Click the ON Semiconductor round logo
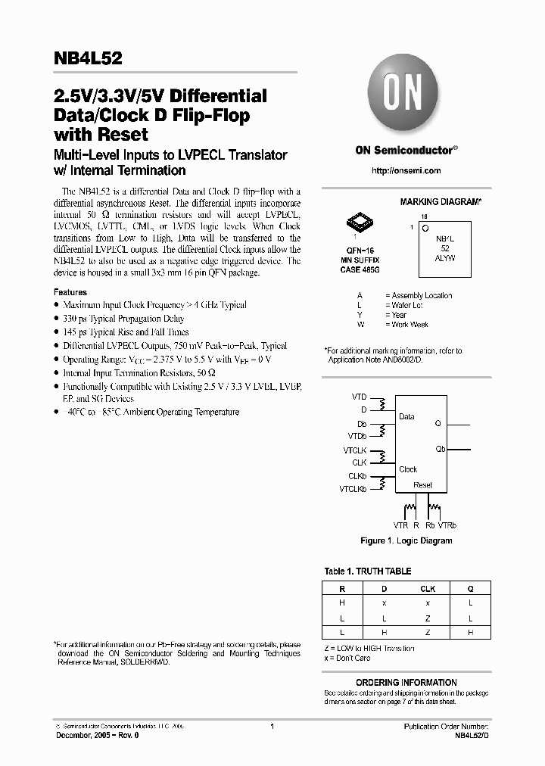[x=406, y=98]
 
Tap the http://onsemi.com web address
[x=406, y=171]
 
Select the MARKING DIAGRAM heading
[x=441, y=202]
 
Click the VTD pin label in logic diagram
[x=359, y=397]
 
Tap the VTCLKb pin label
[x=353, y=490]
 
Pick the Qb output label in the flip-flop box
[x=441, y=449]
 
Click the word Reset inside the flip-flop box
[x=422, y=485]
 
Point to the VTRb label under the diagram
[x=447, y=525]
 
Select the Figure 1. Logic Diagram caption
[x=406, y=541]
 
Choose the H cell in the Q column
[x=470, y=631]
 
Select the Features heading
[x=70, y=292]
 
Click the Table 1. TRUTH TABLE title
[x=367, y=571]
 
